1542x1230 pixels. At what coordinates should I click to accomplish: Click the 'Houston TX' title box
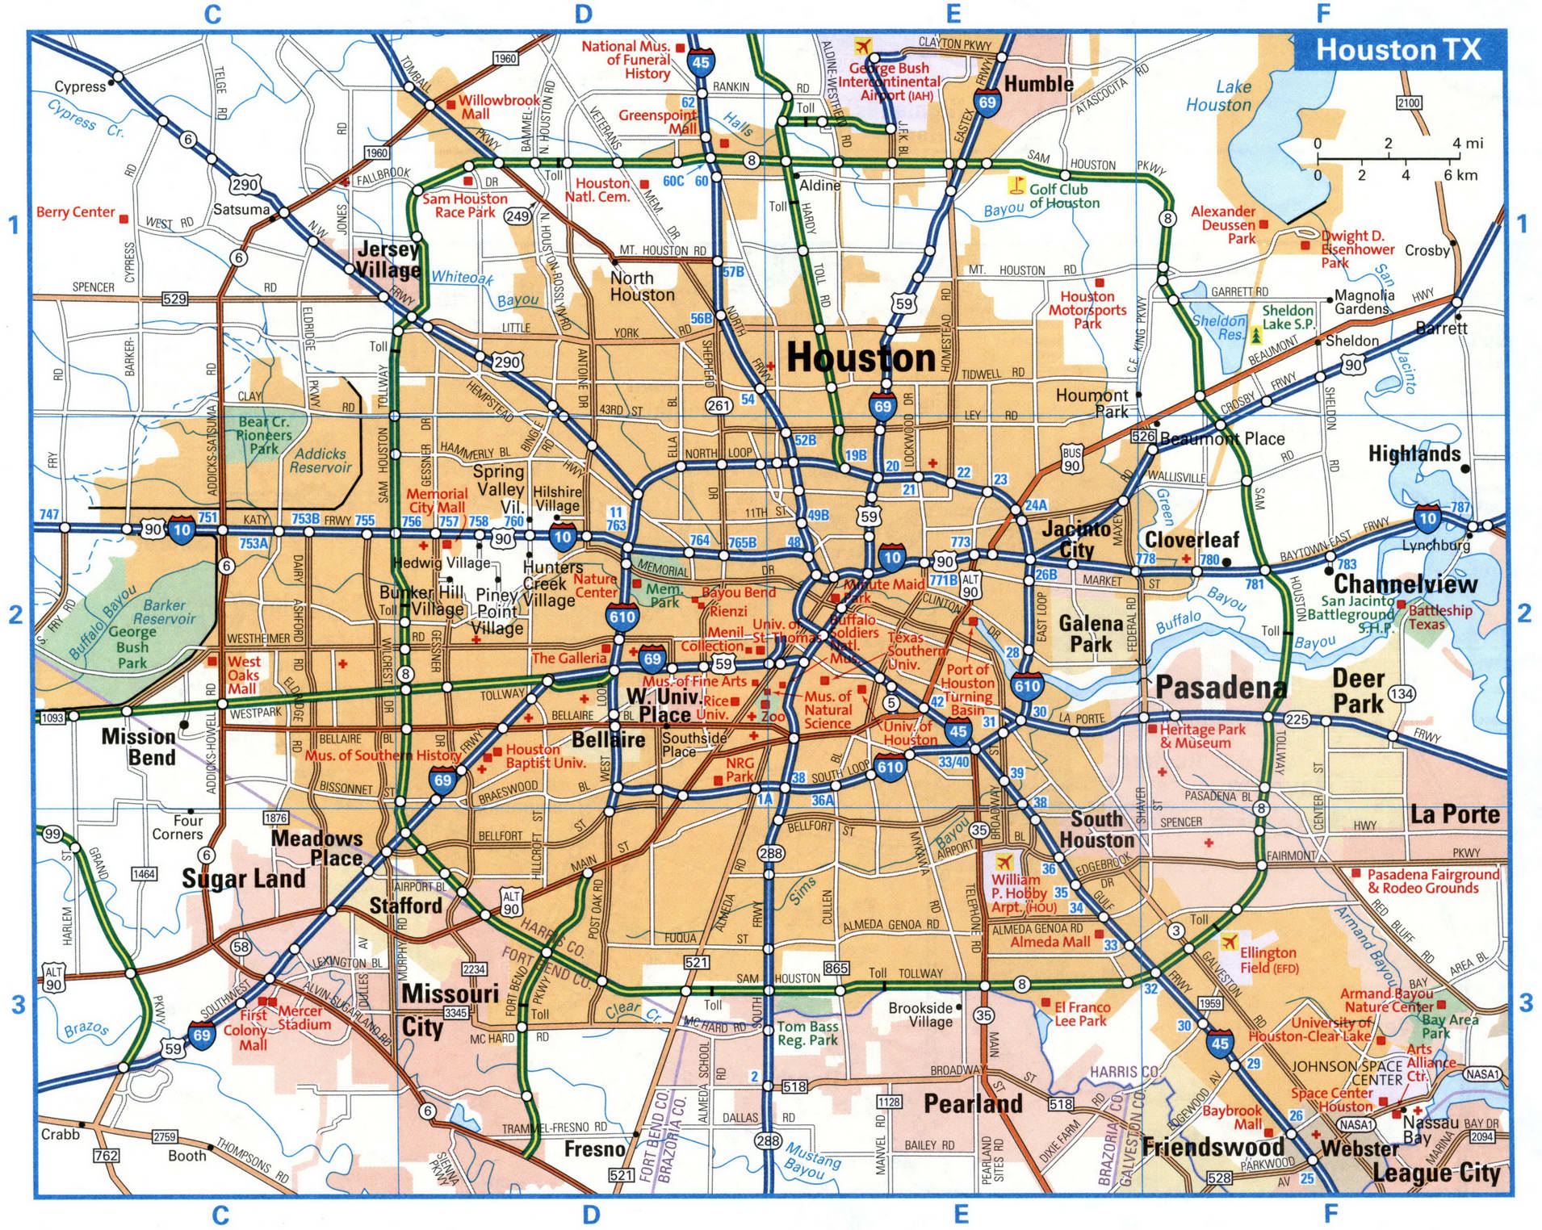1398,50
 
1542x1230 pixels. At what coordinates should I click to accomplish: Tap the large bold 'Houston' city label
861,358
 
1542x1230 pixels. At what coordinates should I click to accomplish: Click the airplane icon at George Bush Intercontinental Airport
863,45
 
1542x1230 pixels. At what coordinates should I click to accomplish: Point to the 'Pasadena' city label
1221,687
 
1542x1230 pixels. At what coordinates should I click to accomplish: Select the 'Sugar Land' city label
243,878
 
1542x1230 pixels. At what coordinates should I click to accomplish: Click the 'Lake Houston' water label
1218,96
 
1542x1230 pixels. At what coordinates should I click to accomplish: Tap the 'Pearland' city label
973,1103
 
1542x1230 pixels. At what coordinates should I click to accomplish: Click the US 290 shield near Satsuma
245,185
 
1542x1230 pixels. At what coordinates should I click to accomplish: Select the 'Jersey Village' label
389,259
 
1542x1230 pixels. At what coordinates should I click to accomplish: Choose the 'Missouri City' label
438,1010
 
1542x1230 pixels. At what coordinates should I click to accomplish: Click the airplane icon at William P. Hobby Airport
1004,861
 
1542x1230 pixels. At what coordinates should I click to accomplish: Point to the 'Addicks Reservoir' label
321,460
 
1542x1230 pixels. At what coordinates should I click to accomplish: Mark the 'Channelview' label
1405,584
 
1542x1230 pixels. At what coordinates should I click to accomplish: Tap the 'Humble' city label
1038,84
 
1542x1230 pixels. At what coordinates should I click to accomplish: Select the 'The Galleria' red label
568,658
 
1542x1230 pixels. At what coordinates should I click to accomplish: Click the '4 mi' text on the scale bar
1467,144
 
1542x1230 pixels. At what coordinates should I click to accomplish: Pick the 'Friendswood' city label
1213,1146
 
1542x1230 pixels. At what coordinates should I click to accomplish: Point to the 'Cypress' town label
80,86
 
